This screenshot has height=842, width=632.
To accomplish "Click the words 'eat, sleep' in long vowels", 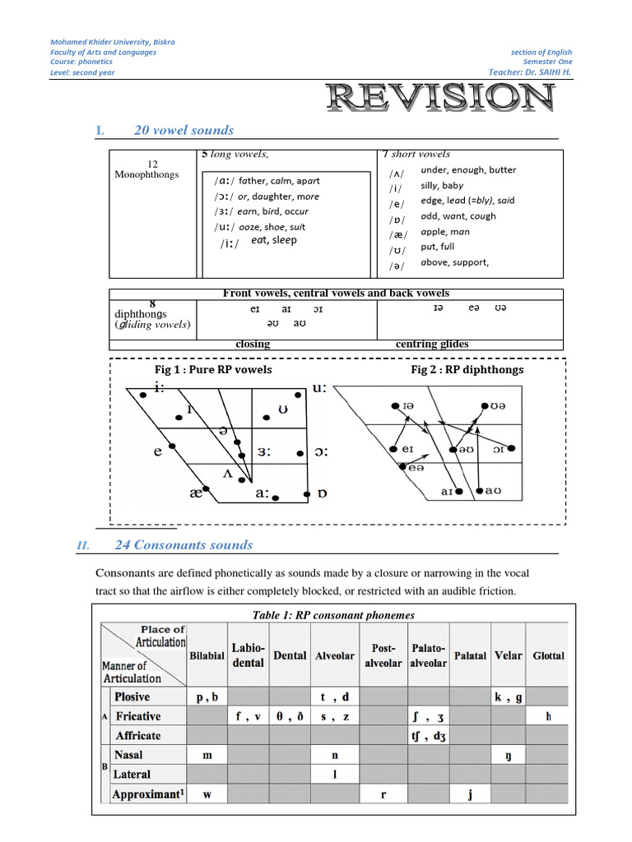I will pyautogui.click(x=274, y=240).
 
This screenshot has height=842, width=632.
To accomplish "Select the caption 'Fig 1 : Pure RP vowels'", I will pyautogui.click(x=213, y=370).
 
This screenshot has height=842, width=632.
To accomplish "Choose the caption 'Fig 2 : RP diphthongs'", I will pyautogui.click(x=467, y=370).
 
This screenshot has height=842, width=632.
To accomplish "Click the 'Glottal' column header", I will pyautogui.click(x=548, y=655).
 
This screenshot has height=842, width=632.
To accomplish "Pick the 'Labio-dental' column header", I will pyautogui.click(x=248, y=655).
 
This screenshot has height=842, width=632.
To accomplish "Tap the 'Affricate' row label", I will pyautogui.click(x=138, y=735).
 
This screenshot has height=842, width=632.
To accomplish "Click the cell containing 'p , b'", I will pyautogui.click(x=207, y=696).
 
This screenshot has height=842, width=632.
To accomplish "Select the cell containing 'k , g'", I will pyautogui.click(x=508, y=696).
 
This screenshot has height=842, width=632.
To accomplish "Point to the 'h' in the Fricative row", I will pyautogui.click(x=548, y=716).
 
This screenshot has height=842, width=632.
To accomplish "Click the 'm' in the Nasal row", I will pyautogui.click(x=207, y=755).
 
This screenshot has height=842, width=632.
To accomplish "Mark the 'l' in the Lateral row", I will pyautogui.click(x=335, y=774).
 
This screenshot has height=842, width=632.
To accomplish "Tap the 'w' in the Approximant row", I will pyautogui.click(x=207, y=794).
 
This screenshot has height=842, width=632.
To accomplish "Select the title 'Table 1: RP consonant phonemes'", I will pyautogui.click(x=332, y=615).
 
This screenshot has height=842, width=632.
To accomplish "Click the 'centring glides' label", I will pyautogui.click(x=432, y=345).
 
